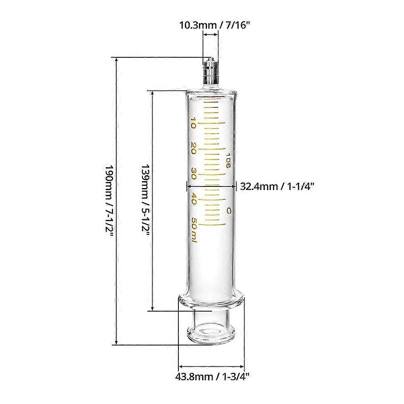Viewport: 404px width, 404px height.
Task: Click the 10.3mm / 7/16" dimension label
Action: tap(214, 25)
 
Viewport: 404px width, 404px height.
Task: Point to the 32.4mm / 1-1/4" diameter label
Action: tap(277, 186)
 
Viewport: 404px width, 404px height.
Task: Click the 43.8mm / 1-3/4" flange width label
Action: tap(212, 377)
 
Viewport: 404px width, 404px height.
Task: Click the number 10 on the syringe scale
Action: tap(193, 123)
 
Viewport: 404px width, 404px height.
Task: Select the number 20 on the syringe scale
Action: tap(193, 148)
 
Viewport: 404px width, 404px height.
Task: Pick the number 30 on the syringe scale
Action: tap(193, 174)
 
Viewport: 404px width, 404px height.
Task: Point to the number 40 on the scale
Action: tap(193, 199)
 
